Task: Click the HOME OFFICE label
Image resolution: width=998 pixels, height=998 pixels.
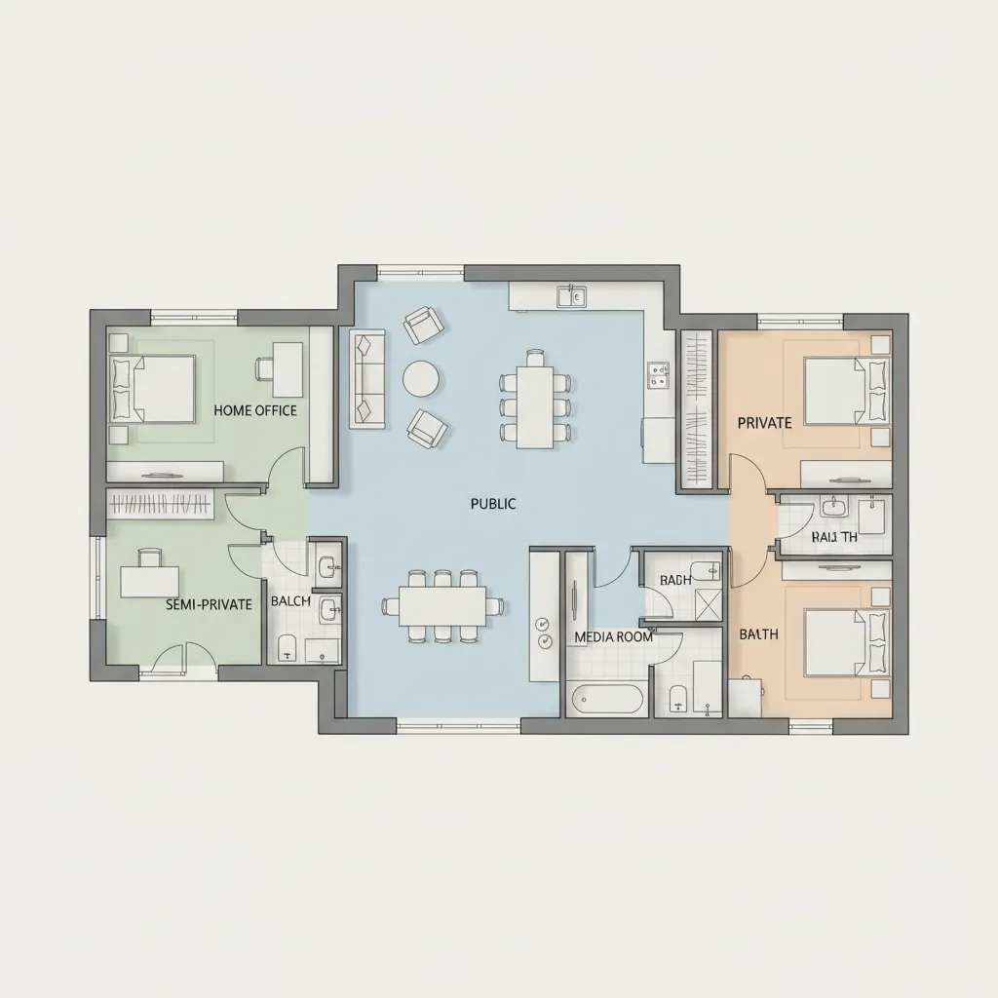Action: (255, 410)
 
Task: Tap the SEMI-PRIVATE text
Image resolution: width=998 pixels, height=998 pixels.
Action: (209, 604)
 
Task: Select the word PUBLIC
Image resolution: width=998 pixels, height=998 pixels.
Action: (492, 504)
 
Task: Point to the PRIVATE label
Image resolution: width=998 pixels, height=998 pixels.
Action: (764, 422)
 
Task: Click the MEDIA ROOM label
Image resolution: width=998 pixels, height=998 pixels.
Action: (613, 636)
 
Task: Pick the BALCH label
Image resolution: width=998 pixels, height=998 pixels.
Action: (289, 600)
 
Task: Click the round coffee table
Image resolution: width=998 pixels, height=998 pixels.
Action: (421, 379)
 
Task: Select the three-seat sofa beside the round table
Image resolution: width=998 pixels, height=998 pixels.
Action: (366, 379)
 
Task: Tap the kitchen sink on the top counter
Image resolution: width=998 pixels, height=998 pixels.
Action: (571, 295)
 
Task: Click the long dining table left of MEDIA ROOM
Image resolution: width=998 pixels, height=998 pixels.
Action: (442, 606)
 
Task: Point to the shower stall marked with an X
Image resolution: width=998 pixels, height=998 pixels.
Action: (708, 604)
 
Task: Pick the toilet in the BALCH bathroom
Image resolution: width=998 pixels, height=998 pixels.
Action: (287, 647)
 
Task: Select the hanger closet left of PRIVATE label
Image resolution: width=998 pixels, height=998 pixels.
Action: (697, 409)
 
